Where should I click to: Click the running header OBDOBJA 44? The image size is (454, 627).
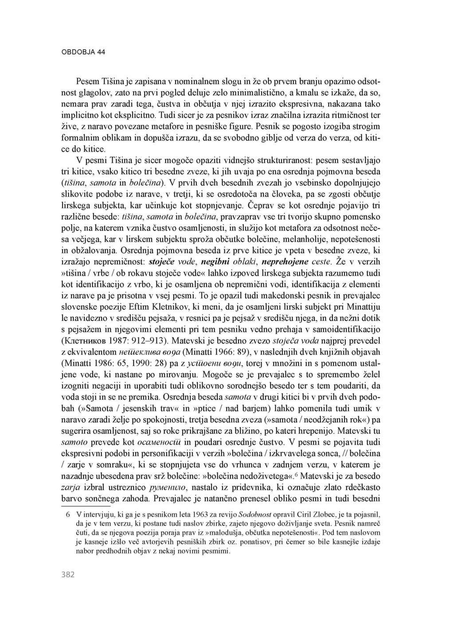[83, 52]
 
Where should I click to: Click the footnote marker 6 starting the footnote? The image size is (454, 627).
[67, 515]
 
